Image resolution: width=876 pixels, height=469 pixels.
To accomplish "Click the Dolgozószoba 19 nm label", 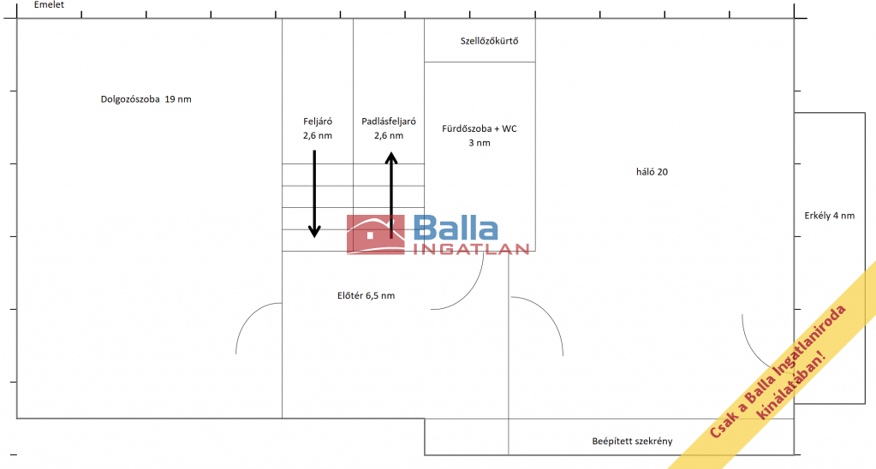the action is point(146,99).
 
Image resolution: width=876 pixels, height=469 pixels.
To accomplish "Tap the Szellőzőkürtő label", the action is point(490,41).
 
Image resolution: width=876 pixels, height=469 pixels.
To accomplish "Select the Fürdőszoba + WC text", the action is point(480,128).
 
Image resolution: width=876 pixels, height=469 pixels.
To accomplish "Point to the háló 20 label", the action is point(652,172).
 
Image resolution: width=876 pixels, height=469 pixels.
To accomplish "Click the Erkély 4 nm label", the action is point(830,216).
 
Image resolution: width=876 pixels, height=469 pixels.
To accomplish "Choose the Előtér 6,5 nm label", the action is point(366,295).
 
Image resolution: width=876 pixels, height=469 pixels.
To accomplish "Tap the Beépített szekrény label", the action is point(633,441).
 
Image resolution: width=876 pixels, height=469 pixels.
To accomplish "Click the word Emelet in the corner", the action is point(49,4).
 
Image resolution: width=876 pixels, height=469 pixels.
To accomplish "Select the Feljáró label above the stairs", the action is point(318,122).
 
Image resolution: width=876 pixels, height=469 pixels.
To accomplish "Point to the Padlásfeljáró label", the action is point(389,122).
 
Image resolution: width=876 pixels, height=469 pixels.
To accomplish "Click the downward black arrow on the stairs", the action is point(314,193).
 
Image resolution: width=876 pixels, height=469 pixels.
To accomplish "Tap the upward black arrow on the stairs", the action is point(391,195).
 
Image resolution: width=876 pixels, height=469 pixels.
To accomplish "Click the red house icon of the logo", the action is point(375,235).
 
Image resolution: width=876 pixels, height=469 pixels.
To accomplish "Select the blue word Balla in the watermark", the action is point(456,228).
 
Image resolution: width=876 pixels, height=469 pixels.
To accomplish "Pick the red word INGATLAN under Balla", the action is point(471,249).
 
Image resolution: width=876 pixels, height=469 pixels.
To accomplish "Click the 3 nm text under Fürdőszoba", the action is point(480,143).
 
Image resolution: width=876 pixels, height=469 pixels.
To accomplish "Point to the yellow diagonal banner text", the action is point(778,371).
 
